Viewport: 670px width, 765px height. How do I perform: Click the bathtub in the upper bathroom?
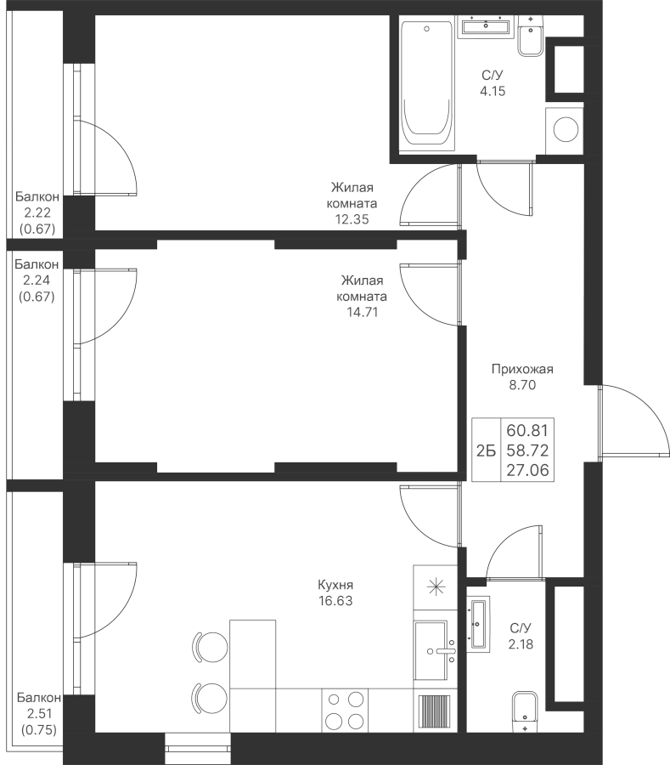[x=427, y=84]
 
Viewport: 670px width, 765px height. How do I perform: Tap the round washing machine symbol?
[x=566, y=130]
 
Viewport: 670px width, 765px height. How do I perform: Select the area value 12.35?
[x=352, y=219]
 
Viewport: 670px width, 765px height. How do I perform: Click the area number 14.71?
[x=362, y=312]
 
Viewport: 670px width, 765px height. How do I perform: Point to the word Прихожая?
[x=522, y=369]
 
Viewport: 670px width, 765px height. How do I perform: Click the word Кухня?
[x=335, y=585]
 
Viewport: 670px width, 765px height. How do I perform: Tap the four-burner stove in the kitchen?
[x=346, y=710]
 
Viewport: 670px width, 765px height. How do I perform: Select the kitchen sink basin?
[x=431, y=650]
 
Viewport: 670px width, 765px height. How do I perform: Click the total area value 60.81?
[x=527, y=430]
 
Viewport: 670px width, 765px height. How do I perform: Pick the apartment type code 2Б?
[x=486, y=451]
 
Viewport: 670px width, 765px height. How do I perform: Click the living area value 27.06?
[x=527, y=470]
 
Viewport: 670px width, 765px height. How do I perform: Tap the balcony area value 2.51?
[x=39, y=714]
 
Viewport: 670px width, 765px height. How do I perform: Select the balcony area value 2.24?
[x=37, y=280]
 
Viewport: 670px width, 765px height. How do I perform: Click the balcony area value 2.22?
[x=37, y=212]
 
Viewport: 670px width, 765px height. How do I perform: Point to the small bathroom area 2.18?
[x=521, y=644]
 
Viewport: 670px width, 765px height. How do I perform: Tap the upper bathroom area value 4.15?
[x=493, y=91]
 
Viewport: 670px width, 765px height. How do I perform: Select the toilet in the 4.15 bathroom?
[x=531, y=36]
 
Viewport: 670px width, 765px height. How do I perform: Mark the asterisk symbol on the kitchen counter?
[x=436, y=586]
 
